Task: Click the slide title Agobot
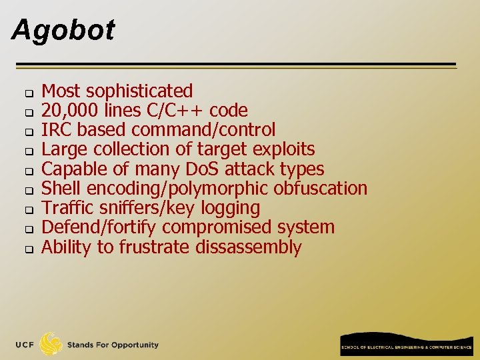pos(63,30)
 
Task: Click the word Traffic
pos(66,208)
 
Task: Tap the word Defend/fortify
pos(99,227)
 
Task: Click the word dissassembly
pos(249,247)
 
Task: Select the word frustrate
pos(154,247)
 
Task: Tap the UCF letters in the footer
pos(25,345)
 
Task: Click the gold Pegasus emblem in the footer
pos(51,344)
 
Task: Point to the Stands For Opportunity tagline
pos(113,345)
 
